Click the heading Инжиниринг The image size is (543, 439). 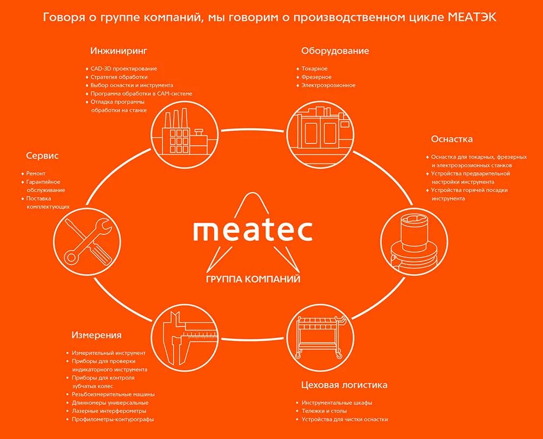tap(118, 51)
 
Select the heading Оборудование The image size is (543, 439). tap(335, 51)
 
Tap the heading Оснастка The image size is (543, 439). tap(452, 139)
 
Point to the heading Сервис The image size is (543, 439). tap(42, 156)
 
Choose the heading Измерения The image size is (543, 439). tap(96, 335)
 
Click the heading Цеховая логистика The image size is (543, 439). tap(344, 385)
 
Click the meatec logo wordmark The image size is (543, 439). tap(252, 230)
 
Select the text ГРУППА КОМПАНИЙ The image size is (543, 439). tap(253, 279)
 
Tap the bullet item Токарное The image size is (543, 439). tap(314, 69)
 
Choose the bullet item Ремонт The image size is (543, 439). tap(36, 174)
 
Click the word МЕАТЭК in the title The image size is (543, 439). tap(472, 18)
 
